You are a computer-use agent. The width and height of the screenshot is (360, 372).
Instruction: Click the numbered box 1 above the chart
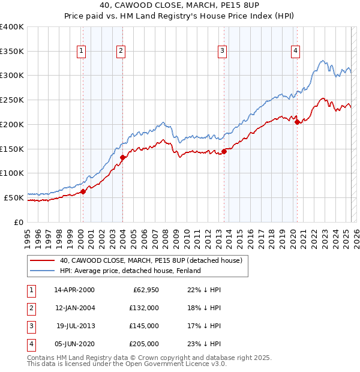(x=80, y=51)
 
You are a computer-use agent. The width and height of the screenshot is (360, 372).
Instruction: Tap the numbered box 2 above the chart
(x=121, y=51)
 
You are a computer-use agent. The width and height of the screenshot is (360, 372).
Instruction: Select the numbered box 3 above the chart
(x=222, y=51)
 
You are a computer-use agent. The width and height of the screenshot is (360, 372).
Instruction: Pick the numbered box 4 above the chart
(x=296, y=51)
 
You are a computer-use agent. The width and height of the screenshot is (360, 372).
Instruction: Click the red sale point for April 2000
(x=83, y=191)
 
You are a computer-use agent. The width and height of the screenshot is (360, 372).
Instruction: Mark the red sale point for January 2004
(x=122, y=158)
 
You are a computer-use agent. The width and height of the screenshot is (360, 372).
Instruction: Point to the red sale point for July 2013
(x=224, y=151)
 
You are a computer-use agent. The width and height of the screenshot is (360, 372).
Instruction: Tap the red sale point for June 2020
(x=297, y=122)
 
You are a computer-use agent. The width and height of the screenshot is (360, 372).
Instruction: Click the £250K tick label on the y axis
(x=12, y=100)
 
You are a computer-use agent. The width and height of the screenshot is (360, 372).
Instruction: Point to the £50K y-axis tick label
(x=14, y=197)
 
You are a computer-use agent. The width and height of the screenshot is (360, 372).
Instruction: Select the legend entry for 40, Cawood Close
(x=151, y=260)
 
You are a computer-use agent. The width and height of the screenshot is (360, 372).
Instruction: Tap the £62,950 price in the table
(x=145, y=290)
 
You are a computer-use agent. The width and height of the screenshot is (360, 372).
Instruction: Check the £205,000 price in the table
(x=143, y=344)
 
